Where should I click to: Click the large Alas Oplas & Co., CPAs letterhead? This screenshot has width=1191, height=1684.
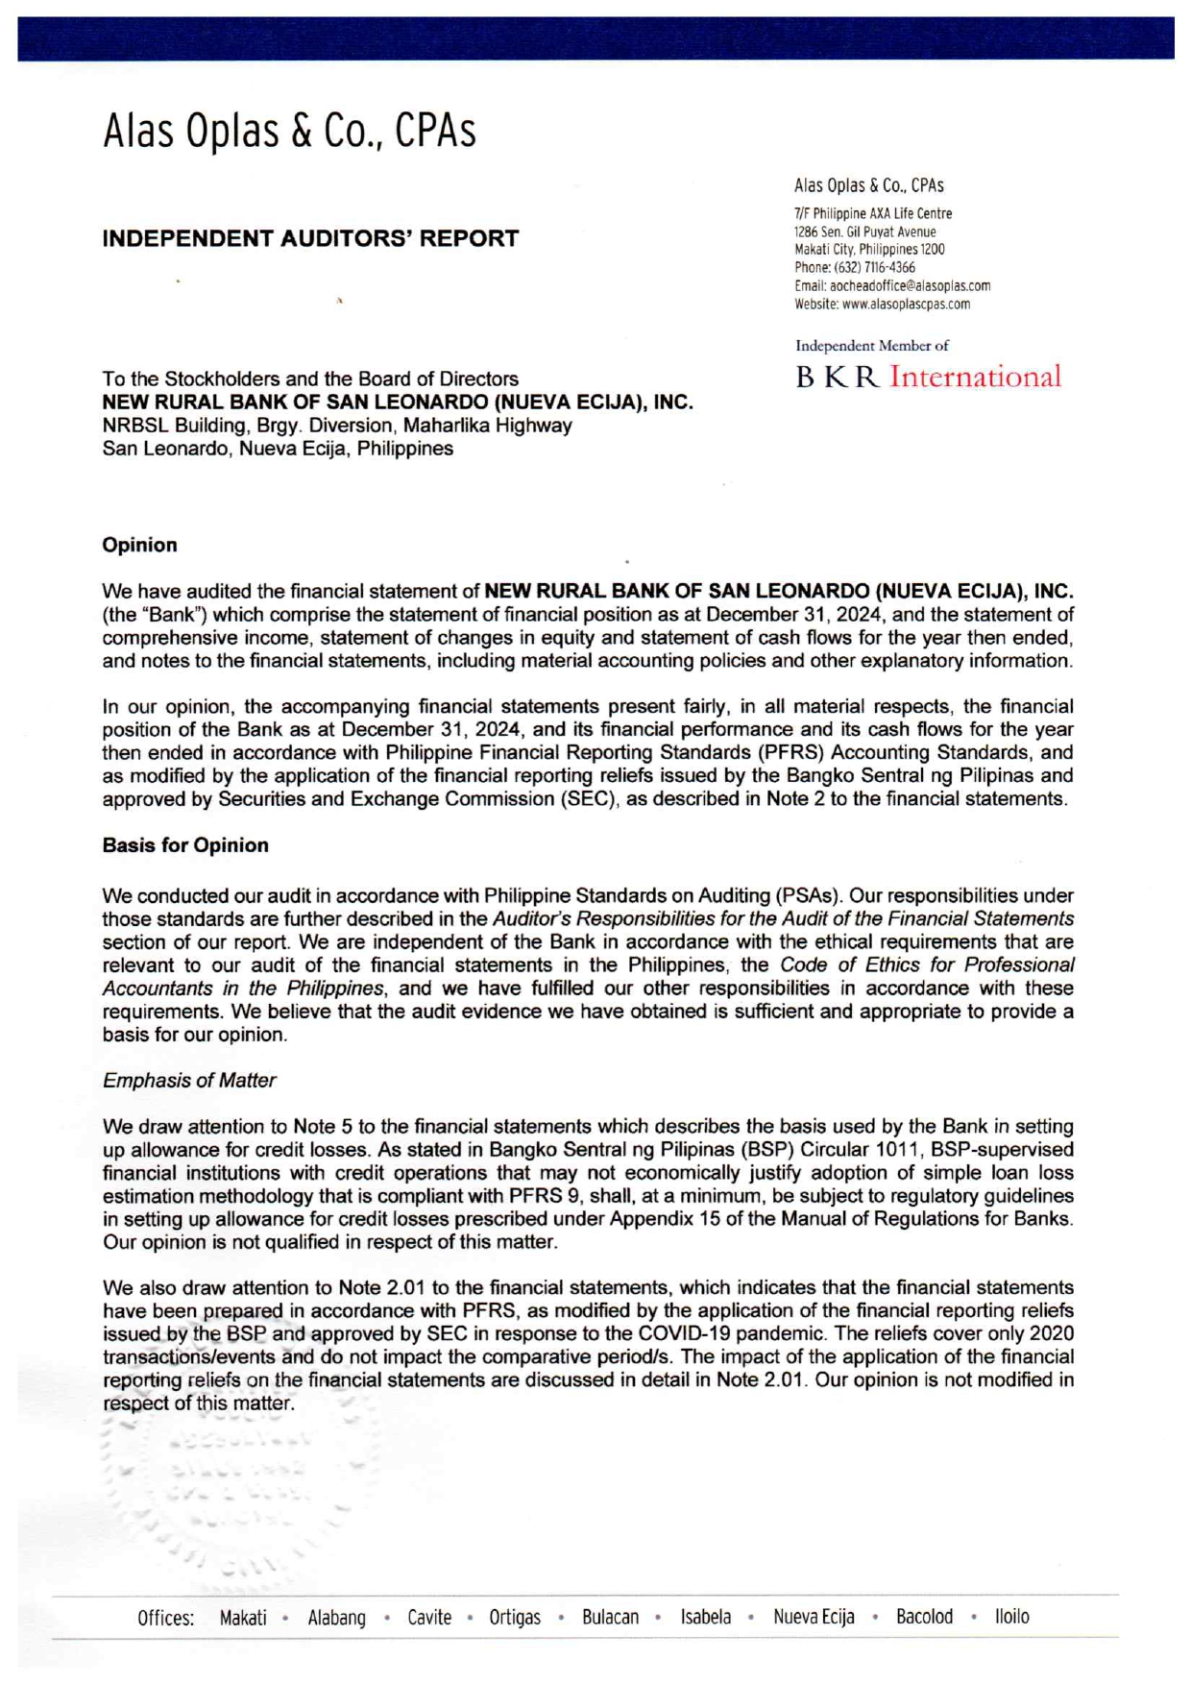289,132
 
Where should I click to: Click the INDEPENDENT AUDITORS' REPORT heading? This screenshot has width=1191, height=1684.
310,238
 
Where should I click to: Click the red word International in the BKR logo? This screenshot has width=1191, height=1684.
975,377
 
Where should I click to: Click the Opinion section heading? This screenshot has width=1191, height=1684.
139,545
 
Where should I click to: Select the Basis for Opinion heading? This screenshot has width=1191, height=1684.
185,845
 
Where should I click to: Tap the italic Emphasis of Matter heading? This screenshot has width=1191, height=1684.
189,1081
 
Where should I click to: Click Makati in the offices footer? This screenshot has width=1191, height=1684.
243,1618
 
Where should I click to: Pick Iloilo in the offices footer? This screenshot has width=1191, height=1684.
1011,1617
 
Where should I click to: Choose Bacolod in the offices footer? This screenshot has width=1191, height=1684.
924,1617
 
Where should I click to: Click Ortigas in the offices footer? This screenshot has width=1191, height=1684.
515,1618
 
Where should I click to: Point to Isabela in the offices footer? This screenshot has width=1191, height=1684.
706,1617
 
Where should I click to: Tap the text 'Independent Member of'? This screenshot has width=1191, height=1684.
871,346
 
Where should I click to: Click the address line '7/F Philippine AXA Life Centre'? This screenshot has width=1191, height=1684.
872,213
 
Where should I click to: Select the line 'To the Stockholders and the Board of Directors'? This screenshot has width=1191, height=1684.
310,378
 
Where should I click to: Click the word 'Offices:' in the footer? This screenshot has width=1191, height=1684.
165,1618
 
